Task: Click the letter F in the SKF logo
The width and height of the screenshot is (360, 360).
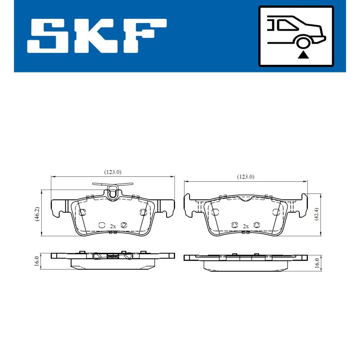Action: pyautogui.click(x=144, y=36)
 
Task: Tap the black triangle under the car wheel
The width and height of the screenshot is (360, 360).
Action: pyautogui.click(x=303, y=55)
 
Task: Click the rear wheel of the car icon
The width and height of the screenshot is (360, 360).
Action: pyautogui.click(x=303, y=43)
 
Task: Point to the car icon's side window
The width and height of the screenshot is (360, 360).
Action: pyautogui.click(x=288, y=25)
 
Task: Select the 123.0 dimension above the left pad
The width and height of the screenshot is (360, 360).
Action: pyautogui.click(x=113, y=172)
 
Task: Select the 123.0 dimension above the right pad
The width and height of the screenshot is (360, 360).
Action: pyautogui.click(x=246, y=177)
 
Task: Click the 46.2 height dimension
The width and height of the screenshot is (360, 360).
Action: pyautogui.click(x=37, y=214)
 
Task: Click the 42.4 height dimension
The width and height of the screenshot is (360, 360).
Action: pyautogui.click(x=317, y=214)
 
